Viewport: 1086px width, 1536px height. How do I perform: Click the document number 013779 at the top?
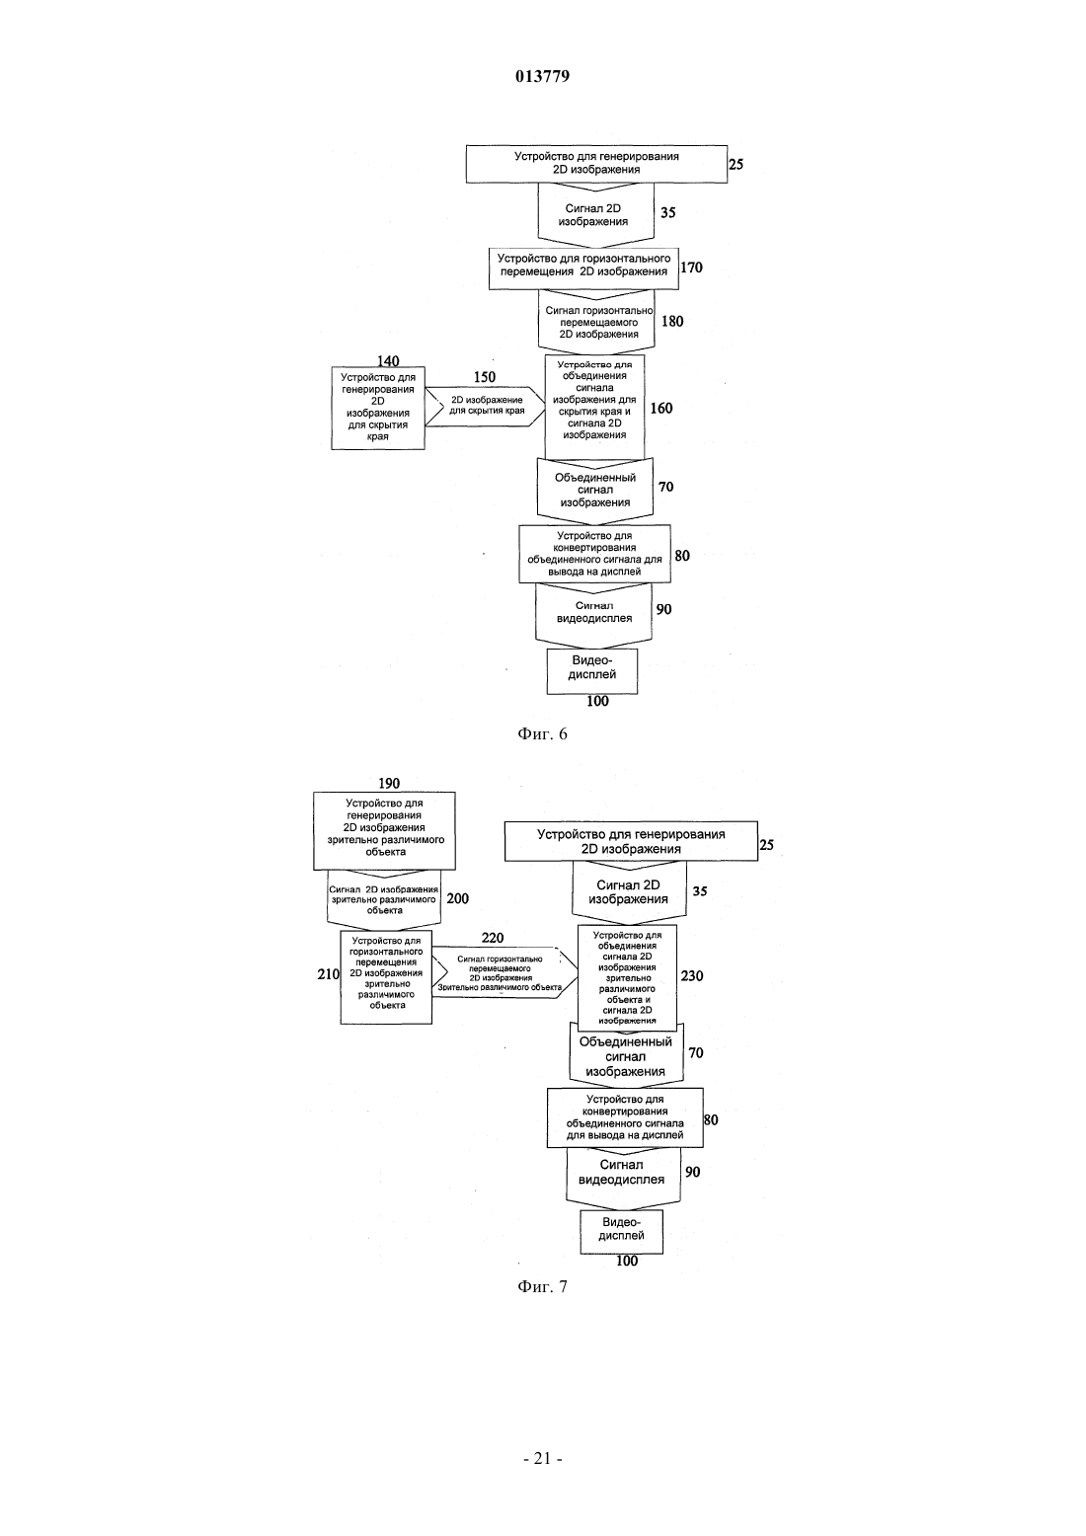coord(542,76)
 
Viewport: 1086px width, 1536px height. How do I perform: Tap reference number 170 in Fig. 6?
coord(692,268)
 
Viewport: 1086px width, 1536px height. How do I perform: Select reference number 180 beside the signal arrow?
coord(672,321)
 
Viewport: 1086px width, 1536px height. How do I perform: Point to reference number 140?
coord(388,360)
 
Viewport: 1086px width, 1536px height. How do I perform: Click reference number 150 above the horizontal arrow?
coord(485,377)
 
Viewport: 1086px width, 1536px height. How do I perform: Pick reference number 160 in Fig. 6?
coord(661,408)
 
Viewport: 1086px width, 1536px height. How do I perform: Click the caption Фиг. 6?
coord(542,734)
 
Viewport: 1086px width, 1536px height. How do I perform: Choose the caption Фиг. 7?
coord(542,1287)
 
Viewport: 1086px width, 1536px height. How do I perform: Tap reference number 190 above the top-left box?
coord(389,783)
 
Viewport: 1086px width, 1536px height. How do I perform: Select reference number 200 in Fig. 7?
coord(458,898)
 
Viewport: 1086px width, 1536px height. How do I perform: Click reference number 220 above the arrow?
coord(493,938)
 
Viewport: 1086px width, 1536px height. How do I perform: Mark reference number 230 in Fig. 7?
coord(692,975)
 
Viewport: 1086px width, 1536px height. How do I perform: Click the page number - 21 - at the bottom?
coord(543,1459)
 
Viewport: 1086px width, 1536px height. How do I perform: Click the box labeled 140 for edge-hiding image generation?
coord(378,408)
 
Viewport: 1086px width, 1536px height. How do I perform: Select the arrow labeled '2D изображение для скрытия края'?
coord(486,407)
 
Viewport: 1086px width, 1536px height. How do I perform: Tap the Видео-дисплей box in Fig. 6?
coord(592,671)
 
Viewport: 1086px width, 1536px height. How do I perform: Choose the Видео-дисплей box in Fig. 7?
coord(622,1232)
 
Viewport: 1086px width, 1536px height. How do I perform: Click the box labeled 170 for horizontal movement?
coord(583,269)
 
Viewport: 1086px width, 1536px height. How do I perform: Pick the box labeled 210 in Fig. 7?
coord(387,977)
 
